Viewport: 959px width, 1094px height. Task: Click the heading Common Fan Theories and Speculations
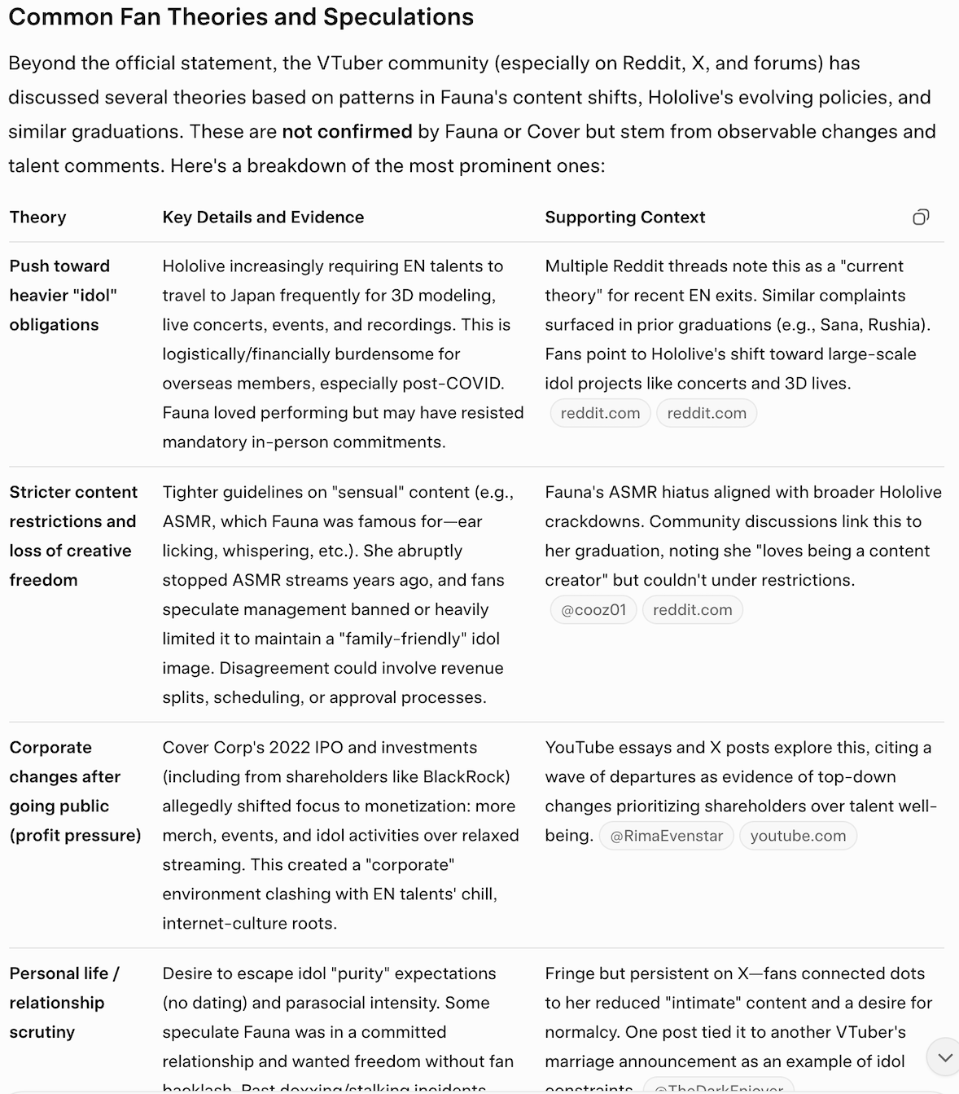(x=241, y=17)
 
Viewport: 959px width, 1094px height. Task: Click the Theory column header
(x=38, y=217)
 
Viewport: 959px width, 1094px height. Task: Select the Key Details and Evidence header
(x=263, y=217)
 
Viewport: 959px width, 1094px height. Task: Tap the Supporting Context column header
(x=624, y=217)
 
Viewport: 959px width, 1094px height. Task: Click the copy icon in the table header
(x=921, y=217)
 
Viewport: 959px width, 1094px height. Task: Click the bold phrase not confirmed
(x=347, y=132)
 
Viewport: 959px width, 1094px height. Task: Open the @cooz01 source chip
(x=593, y=610)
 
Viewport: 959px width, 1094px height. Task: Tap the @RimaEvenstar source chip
(x=666, y=836)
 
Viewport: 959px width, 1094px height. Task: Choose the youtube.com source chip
(x=798, y=836)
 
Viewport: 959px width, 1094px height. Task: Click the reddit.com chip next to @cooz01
(x=692, y=610)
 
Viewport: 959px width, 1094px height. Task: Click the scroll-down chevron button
(x=944, y=1057)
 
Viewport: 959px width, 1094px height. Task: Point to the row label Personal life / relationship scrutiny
(x=64, y=1003)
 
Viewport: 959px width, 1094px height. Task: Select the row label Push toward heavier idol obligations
(x=63, y=296)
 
